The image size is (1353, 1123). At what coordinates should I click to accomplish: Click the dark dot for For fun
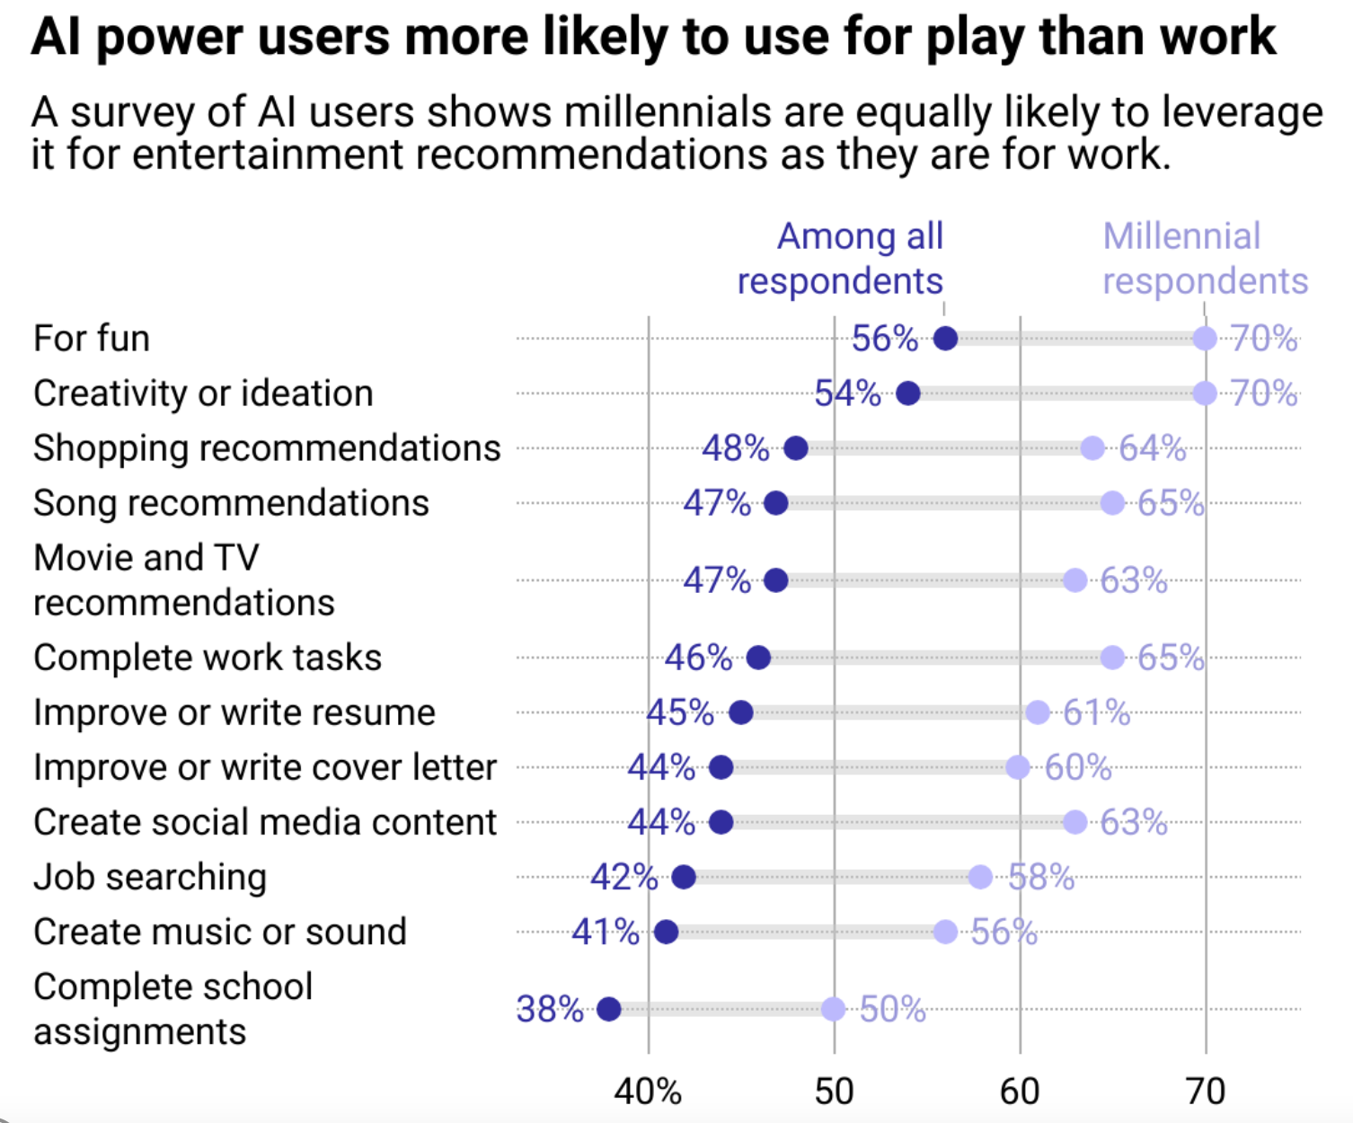[945, 339]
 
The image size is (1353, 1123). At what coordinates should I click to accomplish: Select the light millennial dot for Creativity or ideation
[1205, 393]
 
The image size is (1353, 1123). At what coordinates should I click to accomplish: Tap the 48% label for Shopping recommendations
[735, 447]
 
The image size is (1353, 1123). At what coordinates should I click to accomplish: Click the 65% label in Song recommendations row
[1171, 503]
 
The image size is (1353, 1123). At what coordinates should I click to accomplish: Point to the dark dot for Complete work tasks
[758, 658]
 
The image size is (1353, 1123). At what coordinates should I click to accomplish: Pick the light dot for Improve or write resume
[1038, 712]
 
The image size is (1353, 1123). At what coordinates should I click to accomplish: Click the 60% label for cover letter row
[1078, 767]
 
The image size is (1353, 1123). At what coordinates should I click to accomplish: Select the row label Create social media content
[265, 822]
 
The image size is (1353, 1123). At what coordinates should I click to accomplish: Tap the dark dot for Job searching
[684, 877]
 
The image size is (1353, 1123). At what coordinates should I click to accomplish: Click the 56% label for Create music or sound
[1004, 932]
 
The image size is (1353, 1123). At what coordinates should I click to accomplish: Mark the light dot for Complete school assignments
[834, 1009]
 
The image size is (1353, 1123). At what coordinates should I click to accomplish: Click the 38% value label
[550, 1009]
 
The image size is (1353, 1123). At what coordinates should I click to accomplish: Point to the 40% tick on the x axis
[648, 1091]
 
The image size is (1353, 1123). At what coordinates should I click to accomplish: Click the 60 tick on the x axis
[1020, 1091]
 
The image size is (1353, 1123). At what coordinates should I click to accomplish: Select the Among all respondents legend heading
[841, 259]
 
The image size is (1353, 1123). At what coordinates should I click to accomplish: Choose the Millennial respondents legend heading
[1205, 259]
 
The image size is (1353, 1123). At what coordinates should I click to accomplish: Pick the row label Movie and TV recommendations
[184, 580]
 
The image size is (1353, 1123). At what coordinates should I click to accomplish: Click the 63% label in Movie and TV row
[1134, 580]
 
